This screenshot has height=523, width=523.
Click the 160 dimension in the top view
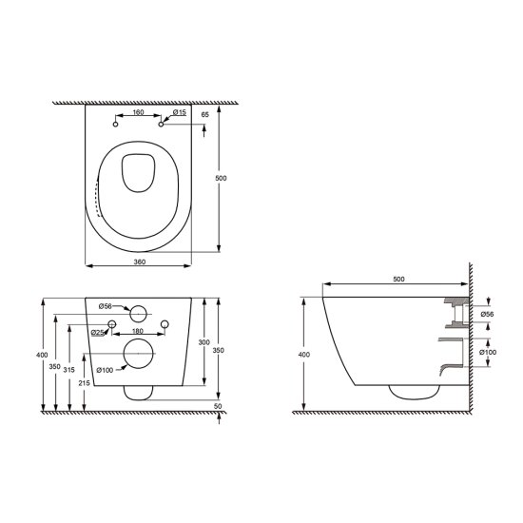138,112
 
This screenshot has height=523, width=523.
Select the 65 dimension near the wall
204,114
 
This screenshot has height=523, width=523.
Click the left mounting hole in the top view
115,124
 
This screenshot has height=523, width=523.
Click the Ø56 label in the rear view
107,306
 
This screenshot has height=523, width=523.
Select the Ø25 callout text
97,333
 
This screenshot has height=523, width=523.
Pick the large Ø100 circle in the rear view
139,353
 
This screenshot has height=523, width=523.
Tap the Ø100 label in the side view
488,353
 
